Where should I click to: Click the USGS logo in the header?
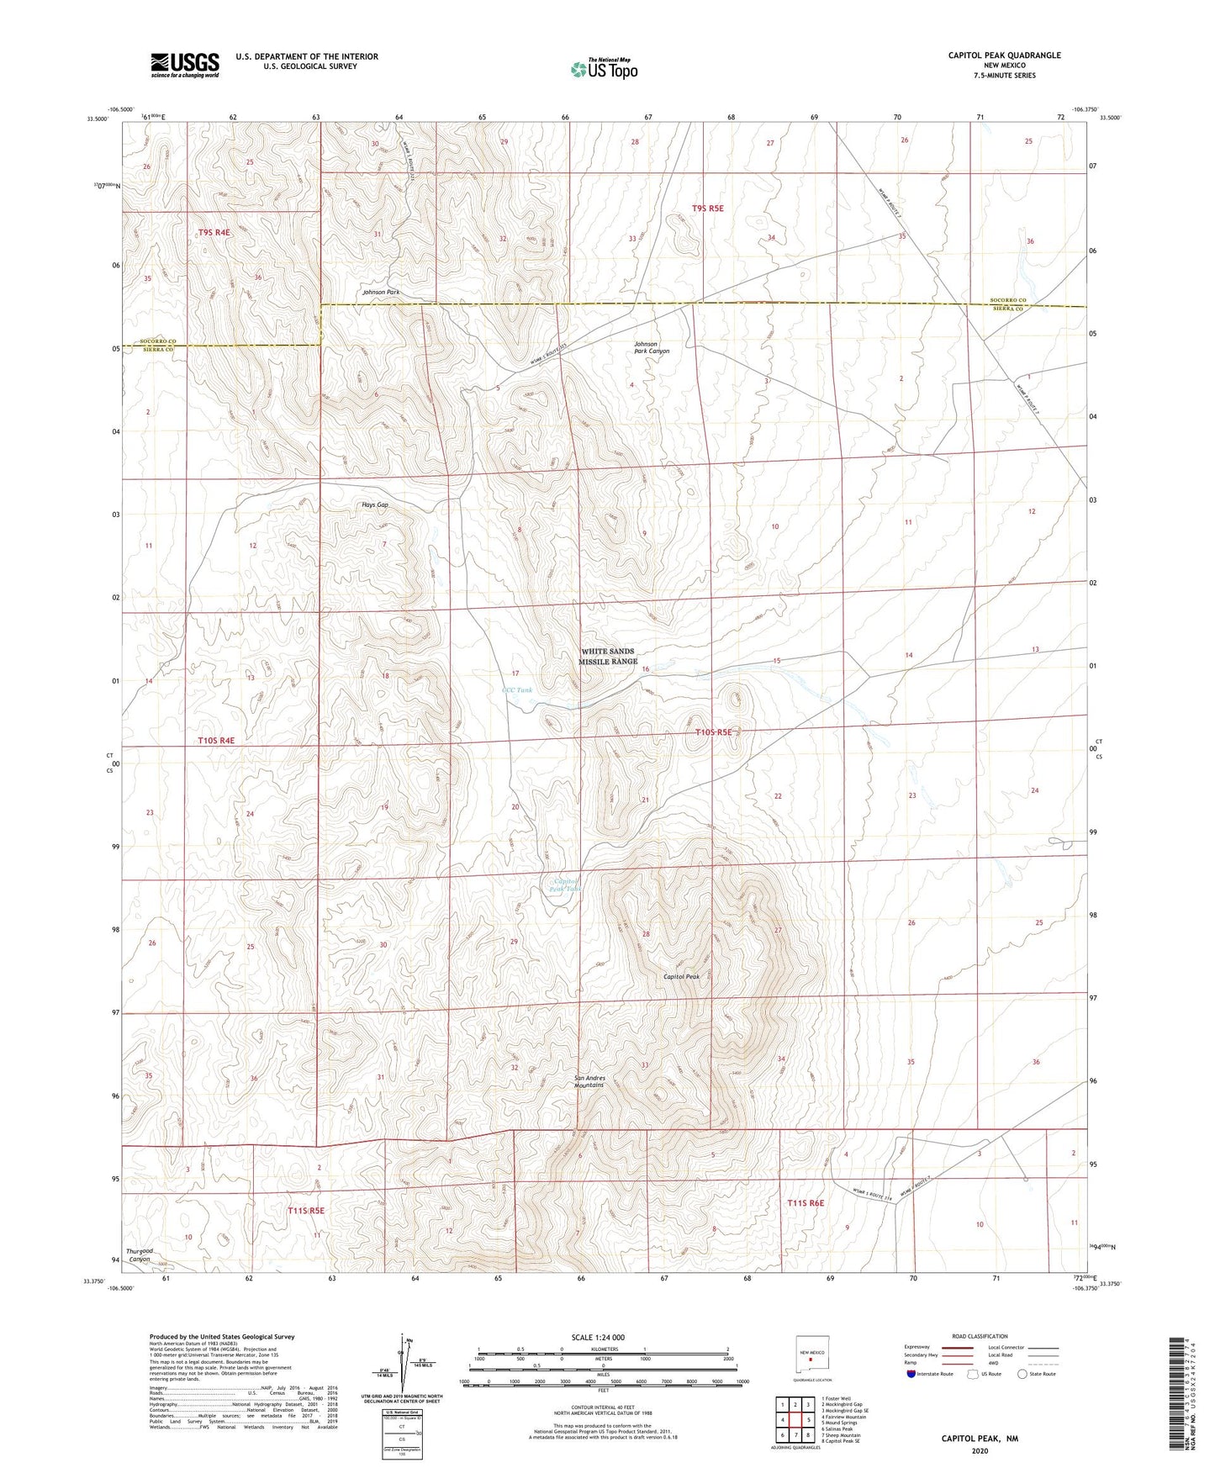185,65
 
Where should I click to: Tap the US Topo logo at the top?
603,69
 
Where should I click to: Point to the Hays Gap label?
375,505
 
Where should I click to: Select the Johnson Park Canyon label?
652,347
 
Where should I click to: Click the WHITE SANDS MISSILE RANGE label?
607,657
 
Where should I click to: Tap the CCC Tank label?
516,690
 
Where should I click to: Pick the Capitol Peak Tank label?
565,884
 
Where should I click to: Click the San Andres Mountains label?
589,1081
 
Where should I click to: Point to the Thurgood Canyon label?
140,1255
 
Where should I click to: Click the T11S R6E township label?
806,1203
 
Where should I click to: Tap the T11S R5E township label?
305,1211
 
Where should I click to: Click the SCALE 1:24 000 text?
598,1337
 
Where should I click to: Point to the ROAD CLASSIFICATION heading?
980,1336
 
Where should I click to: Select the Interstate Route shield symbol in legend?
912,1374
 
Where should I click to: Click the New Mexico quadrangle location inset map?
811,1354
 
